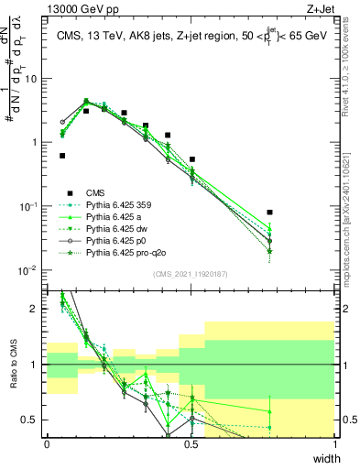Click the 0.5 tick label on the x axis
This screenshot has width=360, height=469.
click(x=191, y=444)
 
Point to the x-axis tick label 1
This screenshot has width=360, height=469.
click(x=335, y=444)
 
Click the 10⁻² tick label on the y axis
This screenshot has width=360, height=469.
click(x=29, y=270)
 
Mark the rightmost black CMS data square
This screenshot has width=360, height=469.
click(x=269, y=212)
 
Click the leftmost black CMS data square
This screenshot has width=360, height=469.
click(x=62, y=156)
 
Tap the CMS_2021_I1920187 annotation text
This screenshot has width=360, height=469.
click(x=191, y=274)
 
